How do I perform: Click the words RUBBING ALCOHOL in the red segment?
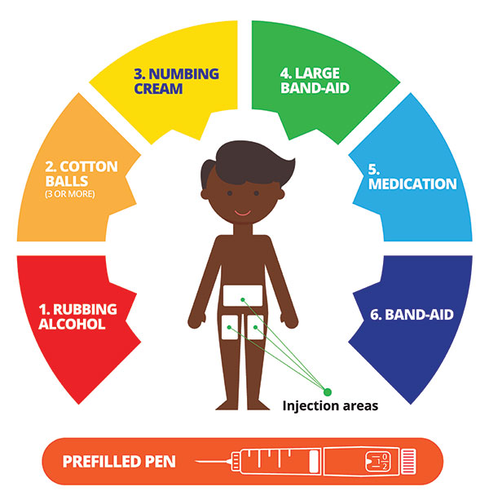78,316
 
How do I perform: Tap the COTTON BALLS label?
81,174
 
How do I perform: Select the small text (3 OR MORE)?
70,194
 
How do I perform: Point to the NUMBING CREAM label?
176,81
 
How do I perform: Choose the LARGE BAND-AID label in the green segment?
315,81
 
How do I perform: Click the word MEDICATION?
412,184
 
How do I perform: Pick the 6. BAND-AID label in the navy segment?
412,315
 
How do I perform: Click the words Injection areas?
330,406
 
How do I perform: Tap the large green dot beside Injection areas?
327,392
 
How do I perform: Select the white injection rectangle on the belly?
243,295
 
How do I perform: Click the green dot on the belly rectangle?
243,299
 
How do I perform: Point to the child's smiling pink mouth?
242,213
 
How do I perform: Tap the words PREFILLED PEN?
119,462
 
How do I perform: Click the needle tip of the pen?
196,462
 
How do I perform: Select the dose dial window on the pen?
378,462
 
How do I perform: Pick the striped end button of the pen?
408,462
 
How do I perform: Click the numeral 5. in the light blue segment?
374,170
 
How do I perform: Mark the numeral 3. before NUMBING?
139,74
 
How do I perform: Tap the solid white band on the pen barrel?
315,461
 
